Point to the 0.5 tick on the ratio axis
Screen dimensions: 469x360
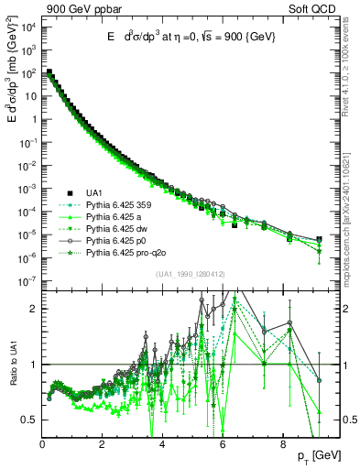click(x=29, y=420)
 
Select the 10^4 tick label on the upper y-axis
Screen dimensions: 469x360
click(x=27, y=26)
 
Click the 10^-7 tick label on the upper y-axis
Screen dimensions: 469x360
click(x=27, y=281)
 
